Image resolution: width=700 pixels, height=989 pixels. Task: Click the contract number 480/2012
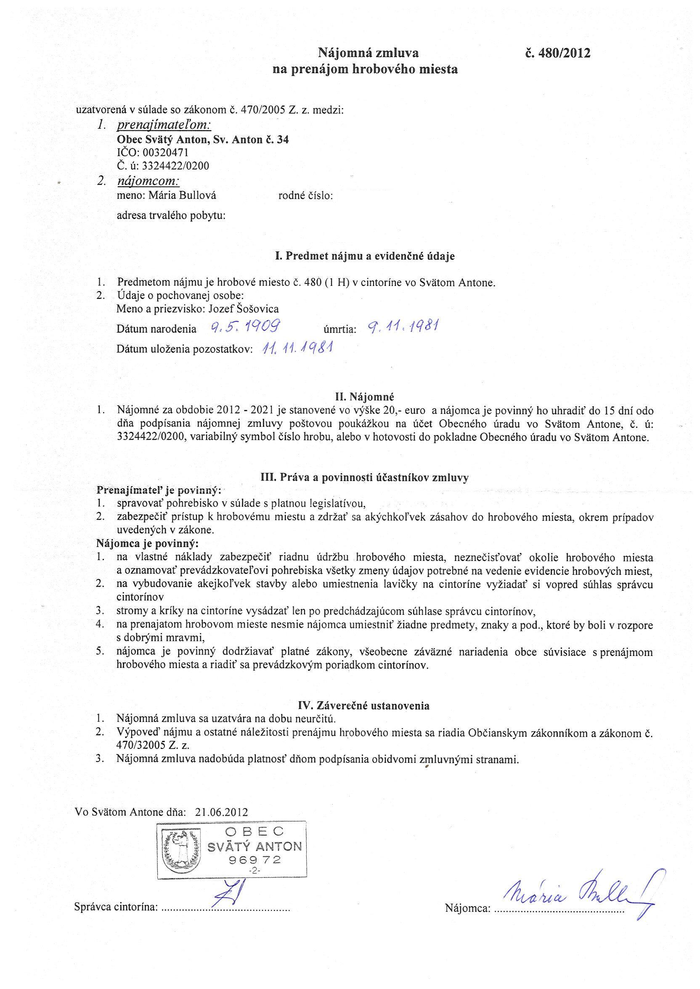click(557, 53)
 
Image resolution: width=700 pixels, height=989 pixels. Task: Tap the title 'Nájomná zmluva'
click(368, 53)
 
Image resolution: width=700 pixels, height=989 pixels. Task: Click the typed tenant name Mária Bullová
click(182, 195)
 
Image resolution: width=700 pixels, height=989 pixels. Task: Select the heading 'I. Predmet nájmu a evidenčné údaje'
click(365, 257)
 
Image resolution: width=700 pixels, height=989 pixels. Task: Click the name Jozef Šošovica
click(243, 308)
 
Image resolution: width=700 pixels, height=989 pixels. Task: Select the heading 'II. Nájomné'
click(365, 396)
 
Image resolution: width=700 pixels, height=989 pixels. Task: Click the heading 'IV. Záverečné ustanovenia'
click(364, 706)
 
